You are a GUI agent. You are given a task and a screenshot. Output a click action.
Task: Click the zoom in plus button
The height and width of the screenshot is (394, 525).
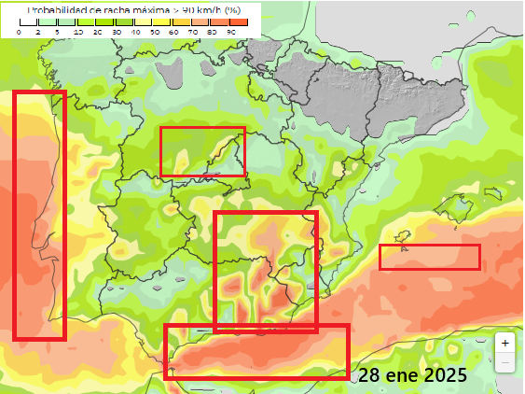(x=504, y=343)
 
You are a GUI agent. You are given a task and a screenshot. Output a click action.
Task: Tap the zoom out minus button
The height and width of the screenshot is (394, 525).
(x=504, y=361)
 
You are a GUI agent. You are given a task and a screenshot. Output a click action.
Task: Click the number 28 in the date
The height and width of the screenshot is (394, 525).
(x=369, y=375)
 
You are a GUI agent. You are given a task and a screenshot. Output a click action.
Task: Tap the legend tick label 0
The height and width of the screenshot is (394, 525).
(x=19, y=32)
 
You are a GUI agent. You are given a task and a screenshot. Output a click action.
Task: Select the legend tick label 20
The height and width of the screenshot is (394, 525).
(x=96, y=32)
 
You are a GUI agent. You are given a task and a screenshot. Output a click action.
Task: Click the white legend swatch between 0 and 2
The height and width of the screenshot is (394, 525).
(x=28, y=21)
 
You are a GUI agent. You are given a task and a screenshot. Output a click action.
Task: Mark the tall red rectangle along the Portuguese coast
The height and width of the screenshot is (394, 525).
(x=39, y=215)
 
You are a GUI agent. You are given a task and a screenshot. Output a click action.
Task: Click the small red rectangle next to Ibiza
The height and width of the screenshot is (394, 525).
(x=430, y=257)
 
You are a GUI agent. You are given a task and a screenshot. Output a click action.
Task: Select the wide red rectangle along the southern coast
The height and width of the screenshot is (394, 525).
(x=256, y=351)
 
